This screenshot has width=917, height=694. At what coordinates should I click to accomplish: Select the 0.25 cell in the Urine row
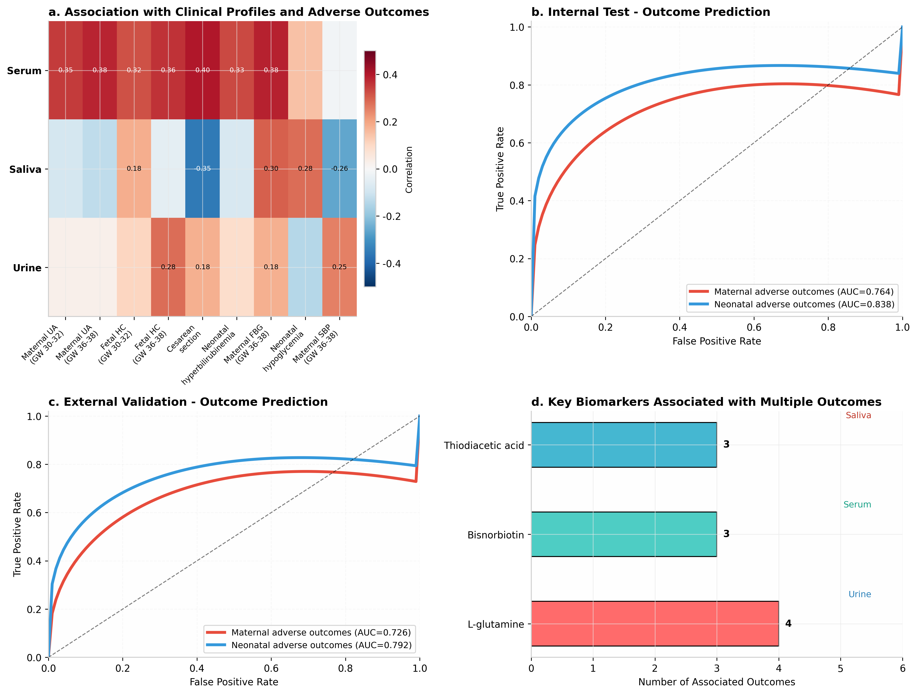pos(339,267)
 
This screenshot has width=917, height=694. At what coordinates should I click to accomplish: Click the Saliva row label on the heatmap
pos(25,169)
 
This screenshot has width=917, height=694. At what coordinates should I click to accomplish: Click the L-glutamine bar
pos(655,624)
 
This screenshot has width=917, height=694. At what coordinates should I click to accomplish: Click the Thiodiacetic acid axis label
pos(484,445)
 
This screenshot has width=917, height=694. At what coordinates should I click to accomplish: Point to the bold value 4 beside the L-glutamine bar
pos(788,624)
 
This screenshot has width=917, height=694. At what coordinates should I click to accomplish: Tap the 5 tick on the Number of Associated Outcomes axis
pos(840,668)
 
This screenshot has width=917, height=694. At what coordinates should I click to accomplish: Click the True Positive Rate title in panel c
pos(17,534)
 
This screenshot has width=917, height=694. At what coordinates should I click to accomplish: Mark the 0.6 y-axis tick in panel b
pos(517,143)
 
